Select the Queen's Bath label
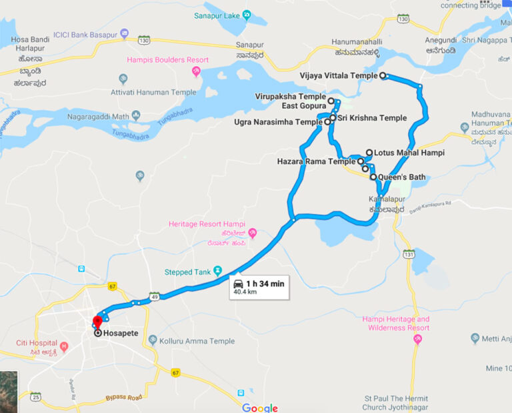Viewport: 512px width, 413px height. point(402,177)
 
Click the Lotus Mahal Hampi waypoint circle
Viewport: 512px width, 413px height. point(369,153)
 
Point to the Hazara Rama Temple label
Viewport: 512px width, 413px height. point(316,161)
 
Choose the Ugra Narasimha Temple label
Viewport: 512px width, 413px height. point(278,122)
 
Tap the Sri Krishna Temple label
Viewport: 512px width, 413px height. point(371,118)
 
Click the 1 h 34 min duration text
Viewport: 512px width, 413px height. point(265,284)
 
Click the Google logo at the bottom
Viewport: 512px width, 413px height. point(260,408)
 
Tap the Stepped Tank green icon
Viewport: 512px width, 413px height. point(217,272)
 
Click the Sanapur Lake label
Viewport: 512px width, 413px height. point(217,15)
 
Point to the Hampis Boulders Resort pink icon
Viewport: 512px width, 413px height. point(197,72)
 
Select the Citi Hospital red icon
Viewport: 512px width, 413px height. point(64,346)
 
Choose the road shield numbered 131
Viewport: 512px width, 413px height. point(409,255)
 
